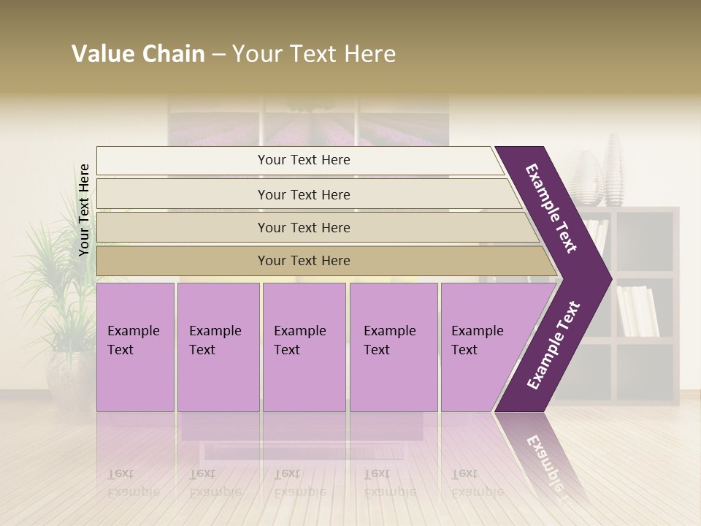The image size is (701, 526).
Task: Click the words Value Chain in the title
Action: tap(138, 54)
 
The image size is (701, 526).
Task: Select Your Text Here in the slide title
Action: tap(314, 54)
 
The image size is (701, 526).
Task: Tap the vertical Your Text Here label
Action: tap(84, 210)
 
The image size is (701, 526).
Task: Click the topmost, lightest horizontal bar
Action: tap(303, 160)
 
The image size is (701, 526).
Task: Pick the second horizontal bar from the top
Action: tap(303, 194)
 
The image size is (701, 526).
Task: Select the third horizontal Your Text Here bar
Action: tap(303, 227)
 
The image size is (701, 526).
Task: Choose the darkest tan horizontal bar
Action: tap(303, 261)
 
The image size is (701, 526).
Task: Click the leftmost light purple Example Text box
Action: tap(135, 347)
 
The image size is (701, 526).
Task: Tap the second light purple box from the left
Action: tap(218, 347)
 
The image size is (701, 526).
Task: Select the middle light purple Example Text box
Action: tap(304, 347)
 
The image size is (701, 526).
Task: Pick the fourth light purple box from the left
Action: tap(393, 347)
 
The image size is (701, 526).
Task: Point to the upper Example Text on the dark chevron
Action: tap(551, 208)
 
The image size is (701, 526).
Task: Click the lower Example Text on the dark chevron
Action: tap(553, 345)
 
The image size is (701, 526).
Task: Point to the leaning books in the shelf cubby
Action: tap(637, 310)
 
